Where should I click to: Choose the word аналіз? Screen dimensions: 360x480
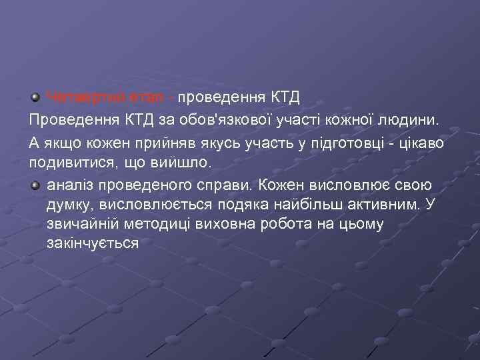[69, 184]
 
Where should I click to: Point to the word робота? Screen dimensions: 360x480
[287, 224]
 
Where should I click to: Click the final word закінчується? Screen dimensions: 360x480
[93, 244]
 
